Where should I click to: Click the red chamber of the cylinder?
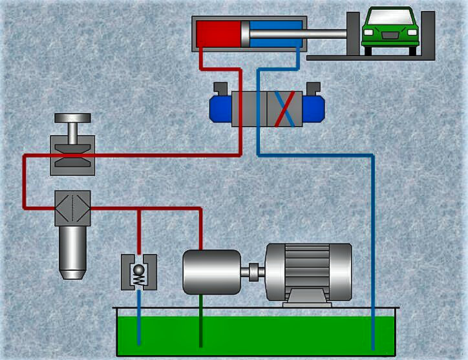pyautogui.click(x=218, y=34)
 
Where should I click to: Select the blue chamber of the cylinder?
pyautogui.click(x=274, y=34)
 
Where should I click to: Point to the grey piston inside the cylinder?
pyautogui.click(x=245, y=34)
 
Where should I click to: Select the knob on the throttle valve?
pyautogui.click(x=72, y=119)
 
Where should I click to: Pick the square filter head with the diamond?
pyautogui.click(x=72, y=207)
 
